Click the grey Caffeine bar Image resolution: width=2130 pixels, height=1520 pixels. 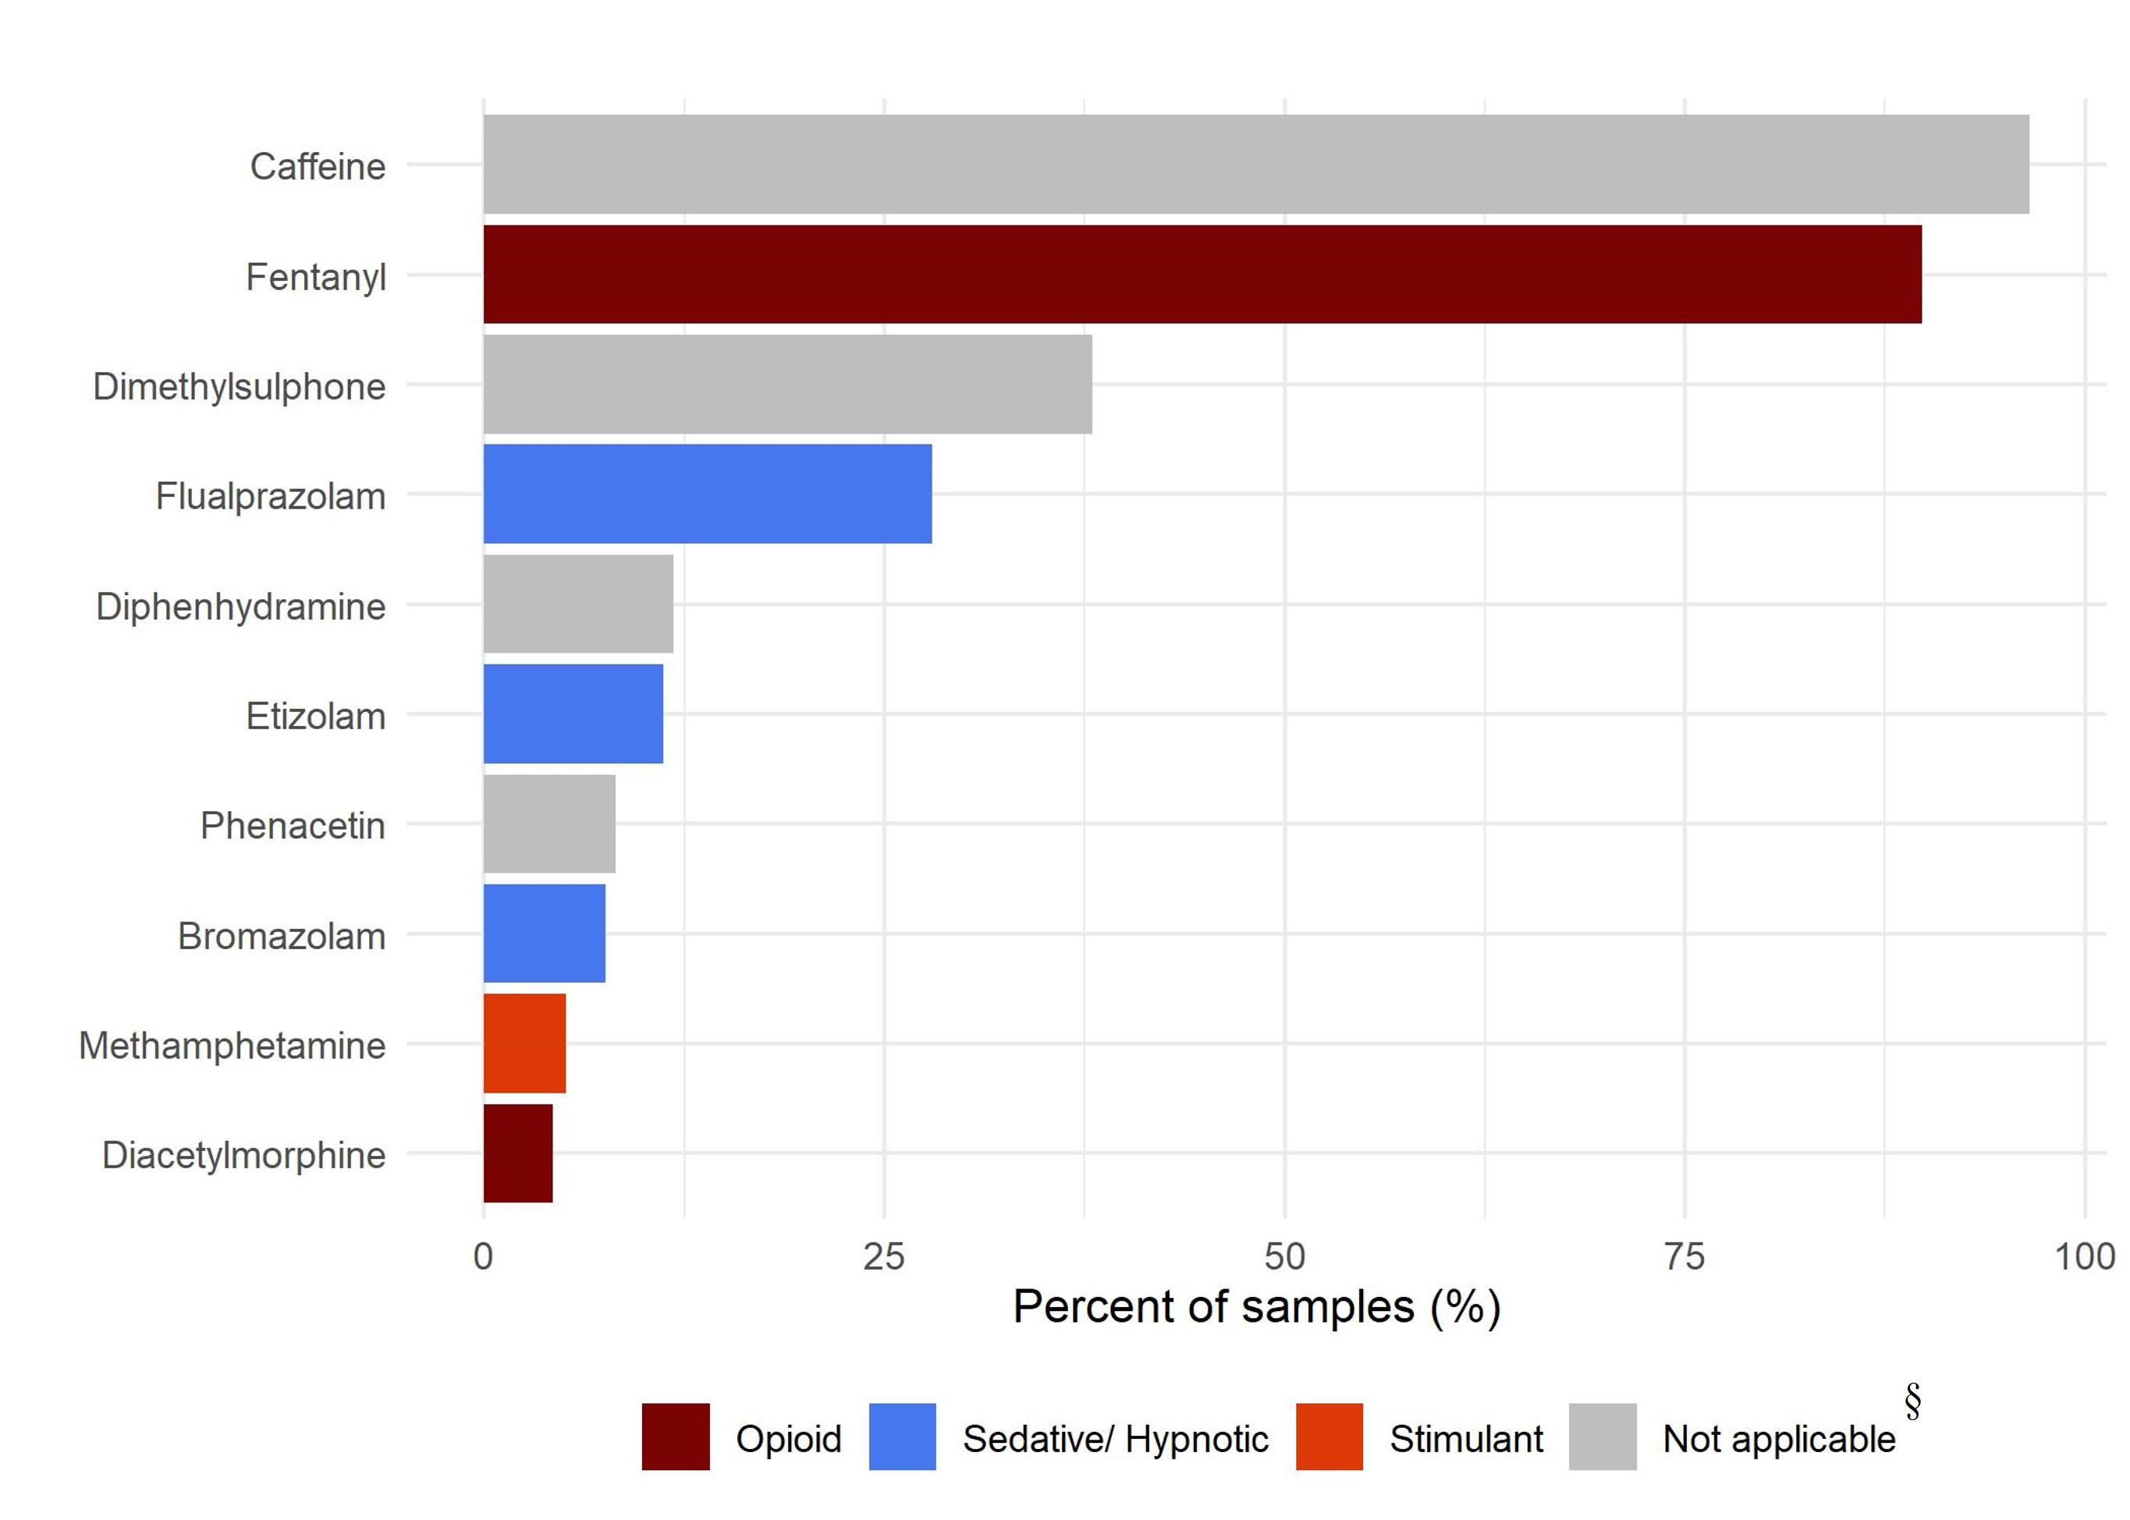click(x=1255, y=165)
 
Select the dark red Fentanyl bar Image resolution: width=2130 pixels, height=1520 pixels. click(x=1202, y=275)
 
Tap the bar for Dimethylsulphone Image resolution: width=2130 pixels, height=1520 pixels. click(x=787, y=384)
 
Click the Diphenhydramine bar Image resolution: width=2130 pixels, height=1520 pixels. click(x=577, y=604)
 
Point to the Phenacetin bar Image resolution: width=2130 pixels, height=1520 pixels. click(x=548, y=824)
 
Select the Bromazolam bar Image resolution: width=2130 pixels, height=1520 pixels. click(x=544, y=934)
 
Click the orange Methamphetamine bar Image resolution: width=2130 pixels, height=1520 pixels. click(x=524, y=1043)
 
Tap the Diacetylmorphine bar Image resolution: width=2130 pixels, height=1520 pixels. click(x=518, y=1153)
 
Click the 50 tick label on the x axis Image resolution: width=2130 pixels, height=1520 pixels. click(x=1283, y=1256)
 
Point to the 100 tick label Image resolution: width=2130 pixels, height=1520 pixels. click(x=2084, y=1256)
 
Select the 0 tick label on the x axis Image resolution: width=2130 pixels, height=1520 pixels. click(x=483, y=1256)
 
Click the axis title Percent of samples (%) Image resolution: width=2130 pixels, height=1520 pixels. click(x=1256, y=1306)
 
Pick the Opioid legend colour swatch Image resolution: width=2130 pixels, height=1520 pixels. click(x=675, y=1437)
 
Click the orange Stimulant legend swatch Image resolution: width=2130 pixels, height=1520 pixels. click(x=1329, y=1437)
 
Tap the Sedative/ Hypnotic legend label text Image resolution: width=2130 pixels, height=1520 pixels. click(x=1114, y=1439)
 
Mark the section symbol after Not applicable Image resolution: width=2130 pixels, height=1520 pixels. click(x=1912, y=1401)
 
